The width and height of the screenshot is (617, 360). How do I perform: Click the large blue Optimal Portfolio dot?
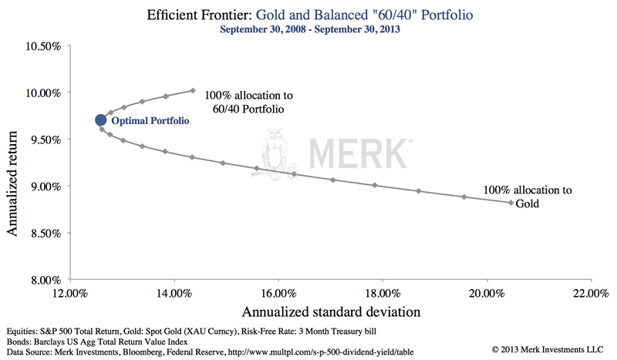pos(100,120)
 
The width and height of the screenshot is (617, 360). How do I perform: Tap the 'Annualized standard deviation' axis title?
pos(331,312)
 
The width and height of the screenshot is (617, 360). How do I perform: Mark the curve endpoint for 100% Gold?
pos(510,203)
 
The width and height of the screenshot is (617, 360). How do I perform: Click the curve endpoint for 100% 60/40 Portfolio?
pos(193,90)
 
